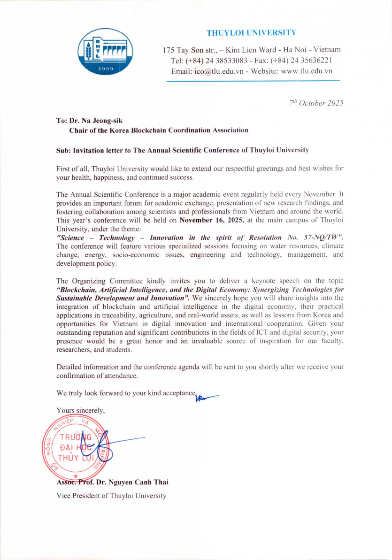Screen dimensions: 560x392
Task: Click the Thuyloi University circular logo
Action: (x=105, y=52)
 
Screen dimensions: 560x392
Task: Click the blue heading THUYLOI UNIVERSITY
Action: (x=251, y=33)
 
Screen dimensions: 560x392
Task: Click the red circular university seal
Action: (x=77, y=450)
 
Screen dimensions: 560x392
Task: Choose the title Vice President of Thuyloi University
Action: (x=111, y=495)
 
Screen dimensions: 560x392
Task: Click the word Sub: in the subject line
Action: (x=63, y=150)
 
